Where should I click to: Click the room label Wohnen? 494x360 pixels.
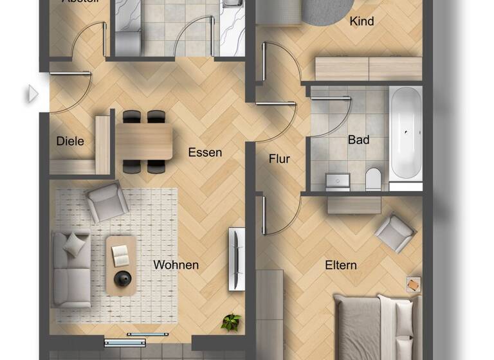[176, 265]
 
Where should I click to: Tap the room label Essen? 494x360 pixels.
[205, 152]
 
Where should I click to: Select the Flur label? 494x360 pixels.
[279, 159]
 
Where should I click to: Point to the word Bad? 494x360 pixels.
[358, 139]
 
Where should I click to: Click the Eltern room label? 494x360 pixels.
[341, 265]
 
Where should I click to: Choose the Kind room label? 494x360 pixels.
[361, 21]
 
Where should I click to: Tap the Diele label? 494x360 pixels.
[70, 141]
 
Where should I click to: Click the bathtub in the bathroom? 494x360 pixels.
[406, 132]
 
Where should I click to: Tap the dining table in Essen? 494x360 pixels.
[143, 141]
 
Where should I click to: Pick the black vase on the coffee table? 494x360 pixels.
[122, 278]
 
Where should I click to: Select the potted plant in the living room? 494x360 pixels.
[231, 322]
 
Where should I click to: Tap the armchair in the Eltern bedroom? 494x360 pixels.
[395, 232]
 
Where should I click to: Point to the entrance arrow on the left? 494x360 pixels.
[32, 94]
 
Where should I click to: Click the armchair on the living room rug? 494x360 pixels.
[107, 201]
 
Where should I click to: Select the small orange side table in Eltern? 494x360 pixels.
[413, 283]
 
